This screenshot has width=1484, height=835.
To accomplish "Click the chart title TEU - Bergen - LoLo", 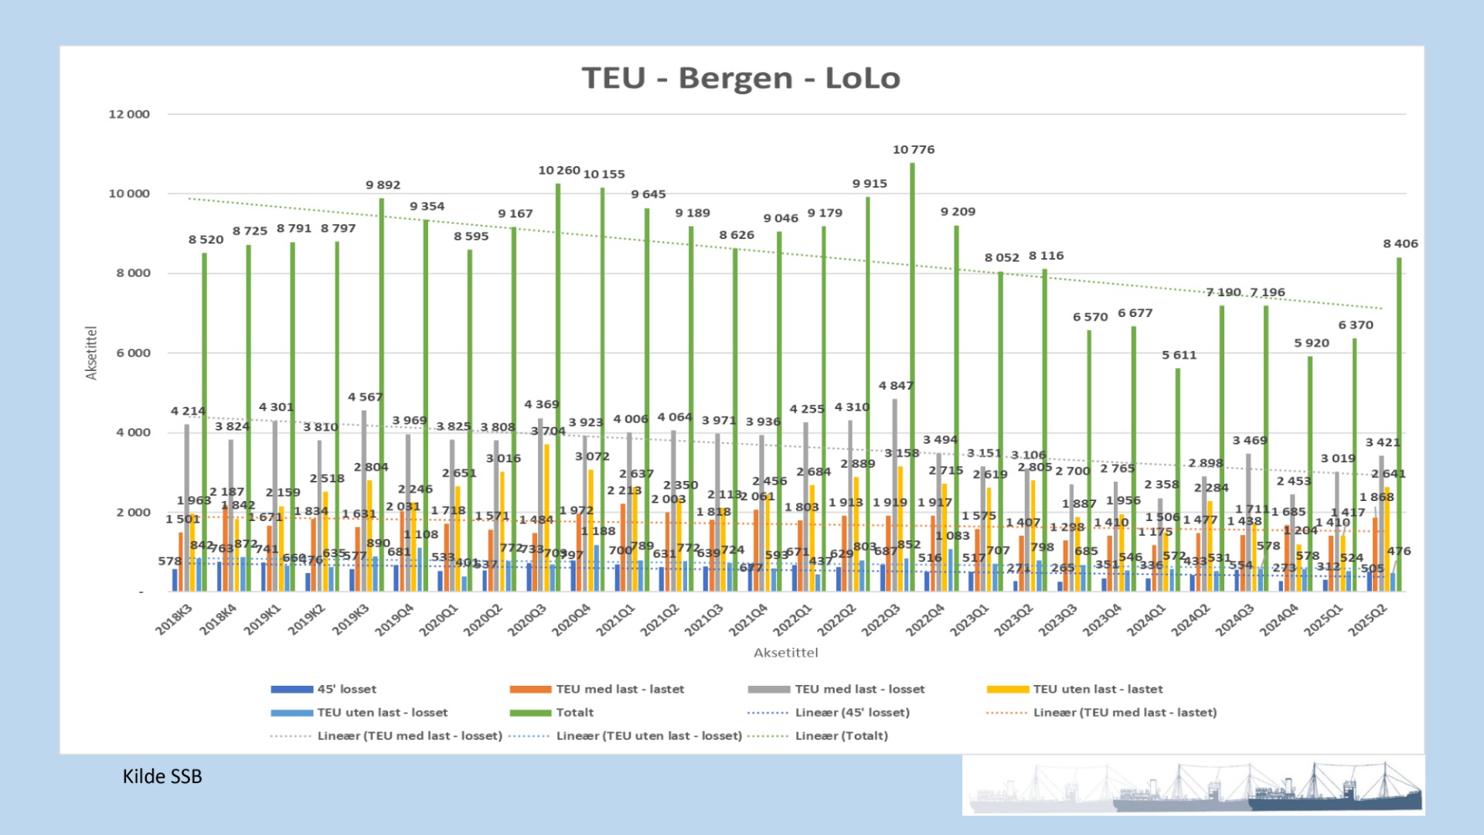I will (740, 79).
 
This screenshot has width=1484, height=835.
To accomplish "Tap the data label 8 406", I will (1400, 244).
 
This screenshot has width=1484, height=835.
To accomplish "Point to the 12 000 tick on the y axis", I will (129, 114).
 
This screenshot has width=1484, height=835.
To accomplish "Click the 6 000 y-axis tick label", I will (133, 353).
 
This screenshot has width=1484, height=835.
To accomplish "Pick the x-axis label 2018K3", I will (173, 620).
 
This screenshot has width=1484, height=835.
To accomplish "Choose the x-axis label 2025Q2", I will (1367, 620).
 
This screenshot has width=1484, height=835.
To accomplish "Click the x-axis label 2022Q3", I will (881, 620).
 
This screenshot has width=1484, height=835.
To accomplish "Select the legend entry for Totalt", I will (574, 713).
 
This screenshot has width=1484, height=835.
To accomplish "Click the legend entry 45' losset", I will (346, 690).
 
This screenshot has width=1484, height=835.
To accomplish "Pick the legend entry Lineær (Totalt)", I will (841, 736).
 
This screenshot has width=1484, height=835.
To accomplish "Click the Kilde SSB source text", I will (162, 777).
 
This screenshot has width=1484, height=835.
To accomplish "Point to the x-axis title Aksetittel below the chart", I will (785, 653).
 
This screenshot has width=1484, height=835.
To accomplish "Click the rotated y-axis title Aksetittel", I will (92, 353).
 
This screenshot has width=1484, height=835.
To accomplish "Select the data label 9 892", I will (383, 186).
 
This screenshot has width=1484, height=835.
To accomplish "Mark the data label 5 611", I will (1179, 356).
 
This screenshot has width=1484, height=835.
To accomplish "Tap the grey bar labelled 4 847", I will (895, 495).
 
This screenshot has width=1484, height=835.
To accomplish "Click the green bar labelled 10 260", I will (558, 387).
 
